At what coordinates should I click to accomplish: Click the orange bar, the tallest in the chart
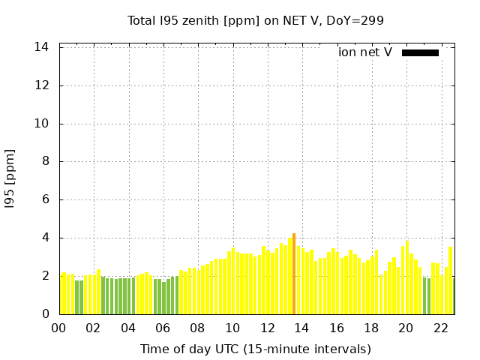pyautogui.click(x=293, y=274)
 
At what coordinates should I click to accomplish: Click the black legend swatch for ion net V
pyautogui.click(x=420, y=52)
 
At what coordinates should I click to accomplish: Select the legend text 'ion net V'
pyautogui.click(x=365, y=52)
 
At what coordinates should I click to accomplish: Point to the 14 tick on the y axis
pyautogui.click(x=42, y=47)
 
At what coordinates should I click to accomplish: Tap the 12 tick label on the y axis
pyautogui.click(x=42, y=85)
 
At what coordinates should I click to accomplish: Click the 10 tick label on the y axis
pyautogui.click(x=42, y=124)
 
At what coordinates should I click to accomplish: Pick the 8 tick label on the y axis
pyautogui.click(x=46, y=161)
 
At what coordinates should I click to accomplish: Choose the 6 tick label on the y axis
pyautogui.click(x=46, y=199)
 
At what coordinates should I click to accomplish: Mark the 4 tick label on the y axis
pyautogui.click(x=46, y=238)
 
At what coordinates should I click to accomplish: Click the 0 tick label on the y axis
pyautogui.click(x=46, y=314)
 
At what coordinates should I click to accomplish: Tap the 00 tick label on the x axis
pyautogui.click(x=59, y=328)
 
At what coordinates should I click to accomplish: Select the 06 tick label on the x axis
pyautogui.click(x=163, y=328)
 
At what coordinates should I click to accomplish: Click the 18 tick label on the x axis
pyautogui.click(x=371, y=328)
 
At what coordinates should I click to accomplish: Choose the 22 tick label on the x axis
pyautogui.click(x=441, y=328)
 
